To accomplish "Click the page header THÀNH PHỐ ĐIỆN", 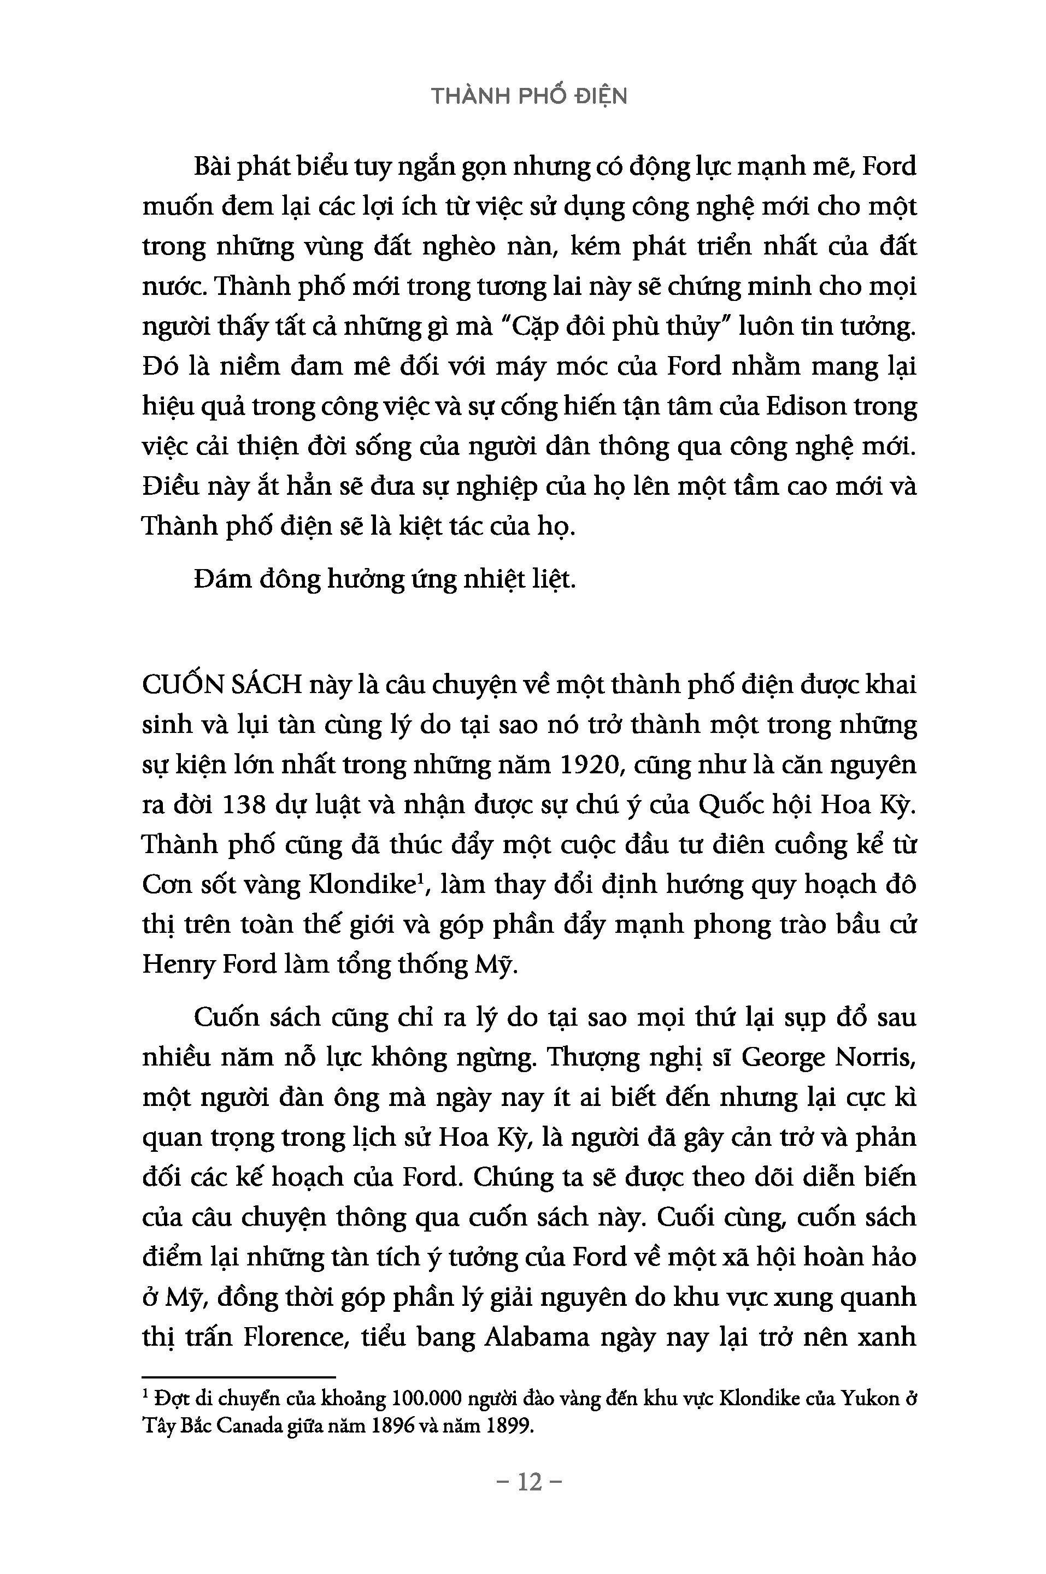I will (x=529, y=97).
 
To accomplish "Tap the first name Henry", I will (x=175, y=966).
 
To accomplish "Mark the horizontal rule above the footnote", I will (x=239, y=1377).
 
